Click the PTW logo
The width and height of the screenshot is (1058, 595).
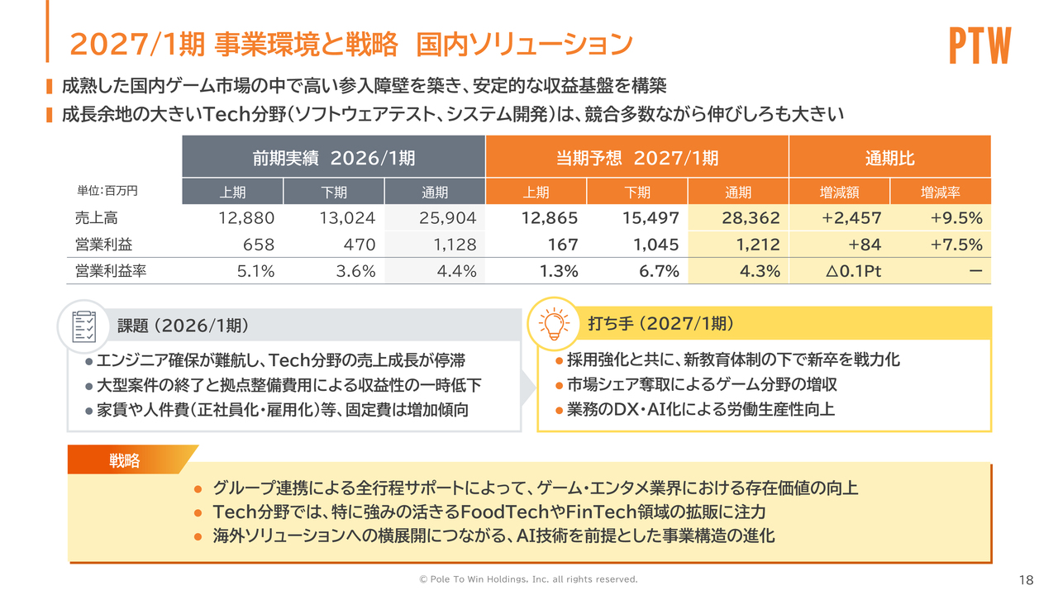coord(979,46)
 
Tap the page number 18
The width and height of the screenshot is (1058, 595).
coord(1027,579)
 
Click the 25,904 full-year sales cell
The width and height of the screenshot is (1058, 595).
coord(446,218)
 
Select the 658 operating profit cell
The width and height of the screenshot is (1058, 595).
coord(258,245)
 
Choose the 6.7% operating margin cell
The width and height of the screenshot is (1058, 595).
coord(658,271)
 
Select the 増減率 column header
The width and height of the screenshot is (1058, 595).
coord(940,193)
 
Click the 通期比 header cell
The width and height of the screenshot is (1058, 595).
coord(889,157)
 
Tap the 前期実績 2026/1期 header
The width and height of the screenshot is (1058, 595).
coord(333,157)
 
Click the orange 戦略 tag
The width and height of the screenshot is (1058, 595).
coord(126,460)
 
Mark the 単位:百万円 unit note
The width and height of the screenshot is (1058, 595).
coord(107,191)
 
